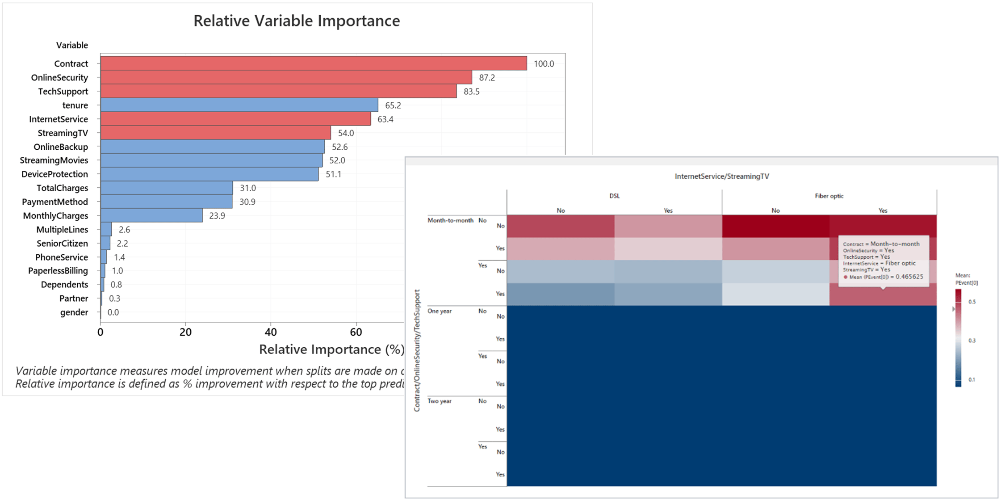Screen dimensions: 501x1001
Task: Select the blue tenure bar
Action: pyautogui.click(x=239, y=105)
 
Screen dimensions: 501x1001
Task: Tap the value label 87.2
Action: pyautogui.click(x=486, y=78)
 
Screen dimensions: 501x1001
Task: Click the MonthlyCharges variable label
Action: pyautogui.click(x=55, y=216)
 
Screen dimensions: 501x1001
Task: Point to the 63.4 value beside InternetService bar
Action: pyautogui.click(x=385, y=119)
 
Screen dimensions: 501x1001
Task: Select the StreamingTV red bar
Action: pyautogui.click(x=215, y=133)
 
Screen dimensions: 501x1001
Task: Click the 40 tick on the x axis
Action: pyautogui.click(x=271, y=332)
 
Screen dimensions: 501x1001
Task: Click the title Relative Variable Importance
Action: pyautogui.click(x=296, y=21)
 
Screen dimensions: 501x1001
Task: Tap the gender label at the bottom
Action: pyautogui.click(x=74, y=312)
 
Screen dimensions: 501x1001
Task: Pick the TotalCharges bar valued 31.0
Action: pyautogui.click(x=166, y=188)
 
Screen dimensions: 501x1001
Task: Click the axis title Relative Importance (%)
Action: pyautogui.click(x=331, y=349)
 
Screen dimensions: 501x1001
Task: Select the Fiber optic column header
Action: pyautogui.click(x=829, y=196)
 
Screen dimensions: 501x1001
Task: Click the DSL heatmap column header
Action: pyautogui.click(x=614, y=196)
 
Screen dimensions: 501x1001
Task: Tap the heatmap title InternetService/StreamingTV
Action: pyautogui.click(x=721, y=177)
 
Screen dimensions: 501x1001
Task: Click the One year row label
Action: pyautogui.click(x=440, y=311)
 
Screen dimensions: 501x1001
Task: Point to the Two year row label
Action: pyautogui.click(x=440, y=401)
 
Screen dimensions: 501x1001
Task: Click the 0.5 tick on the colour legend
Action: pyautogui.click(x=972, y=302)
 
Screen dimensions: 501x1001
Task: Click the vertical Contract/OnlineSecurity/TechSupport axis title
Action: pyautogui.click(x=417, y=350)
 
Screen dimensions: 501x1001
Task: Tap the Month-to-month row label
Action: pyautogui.click(x=450, y=220)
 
